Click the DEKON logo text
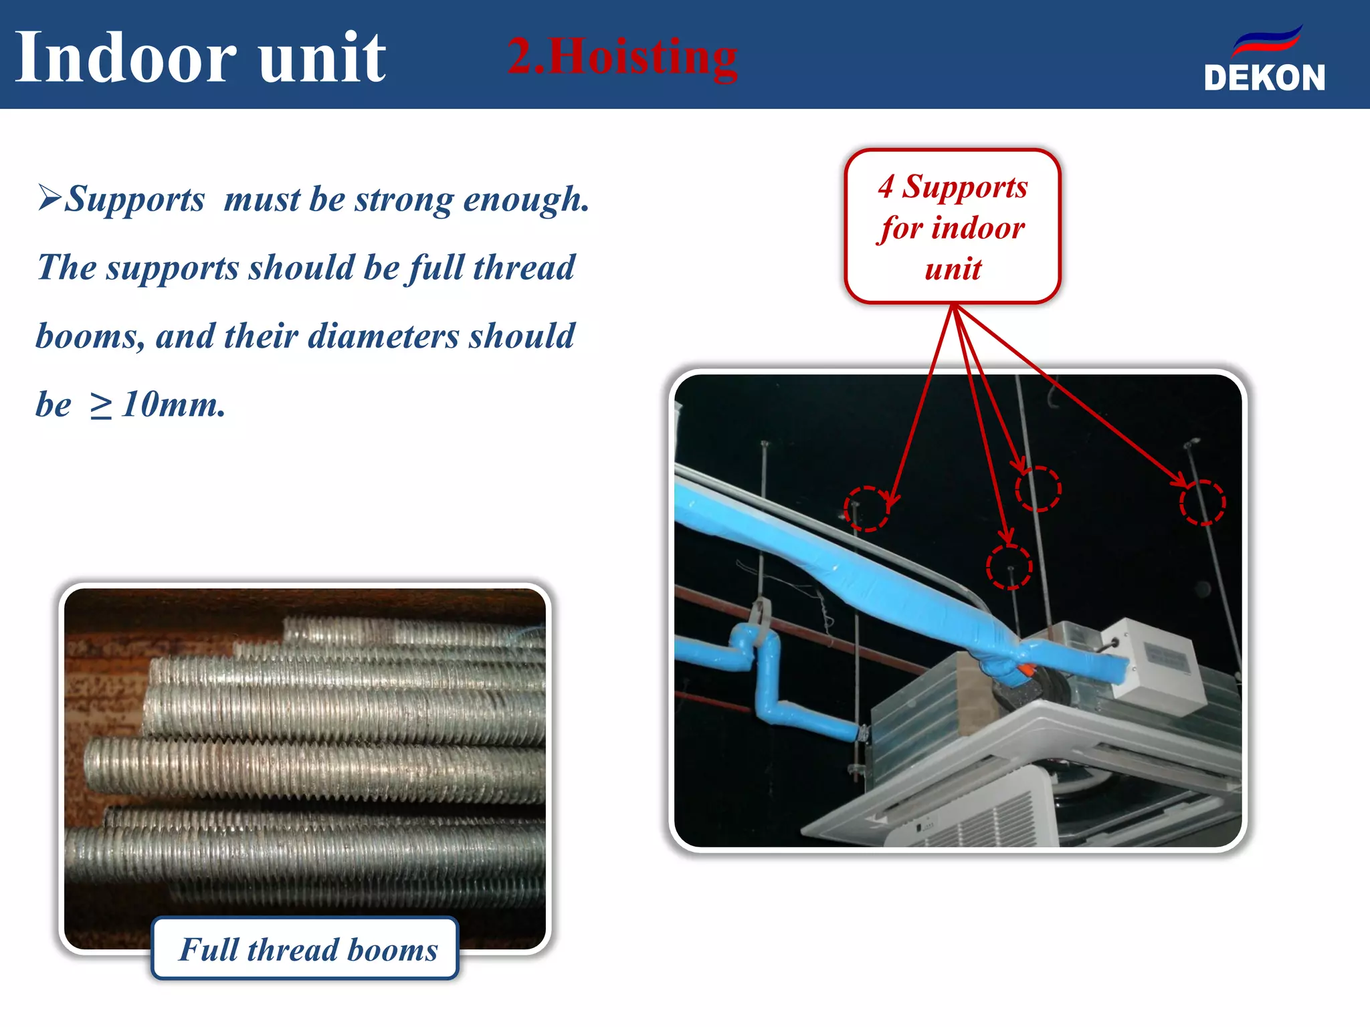pos(1264,78)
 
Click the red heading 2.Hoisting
pos(622,57)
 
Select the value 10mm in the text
pos(174,405)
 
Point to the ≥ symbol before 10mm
pos(100,406)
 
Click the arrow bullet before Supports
pos(50,198)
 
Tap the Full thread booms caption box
pos(306,949)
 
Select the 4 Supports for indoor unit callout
pos(953,227)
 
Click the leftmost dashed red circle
pos(866,508)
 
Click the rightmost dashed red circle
pos(1202,503)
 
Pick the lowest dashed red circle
pos(1009,567)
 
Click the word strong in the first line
pos(404,199)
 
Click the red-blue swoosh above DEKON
pos(1267,41)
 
